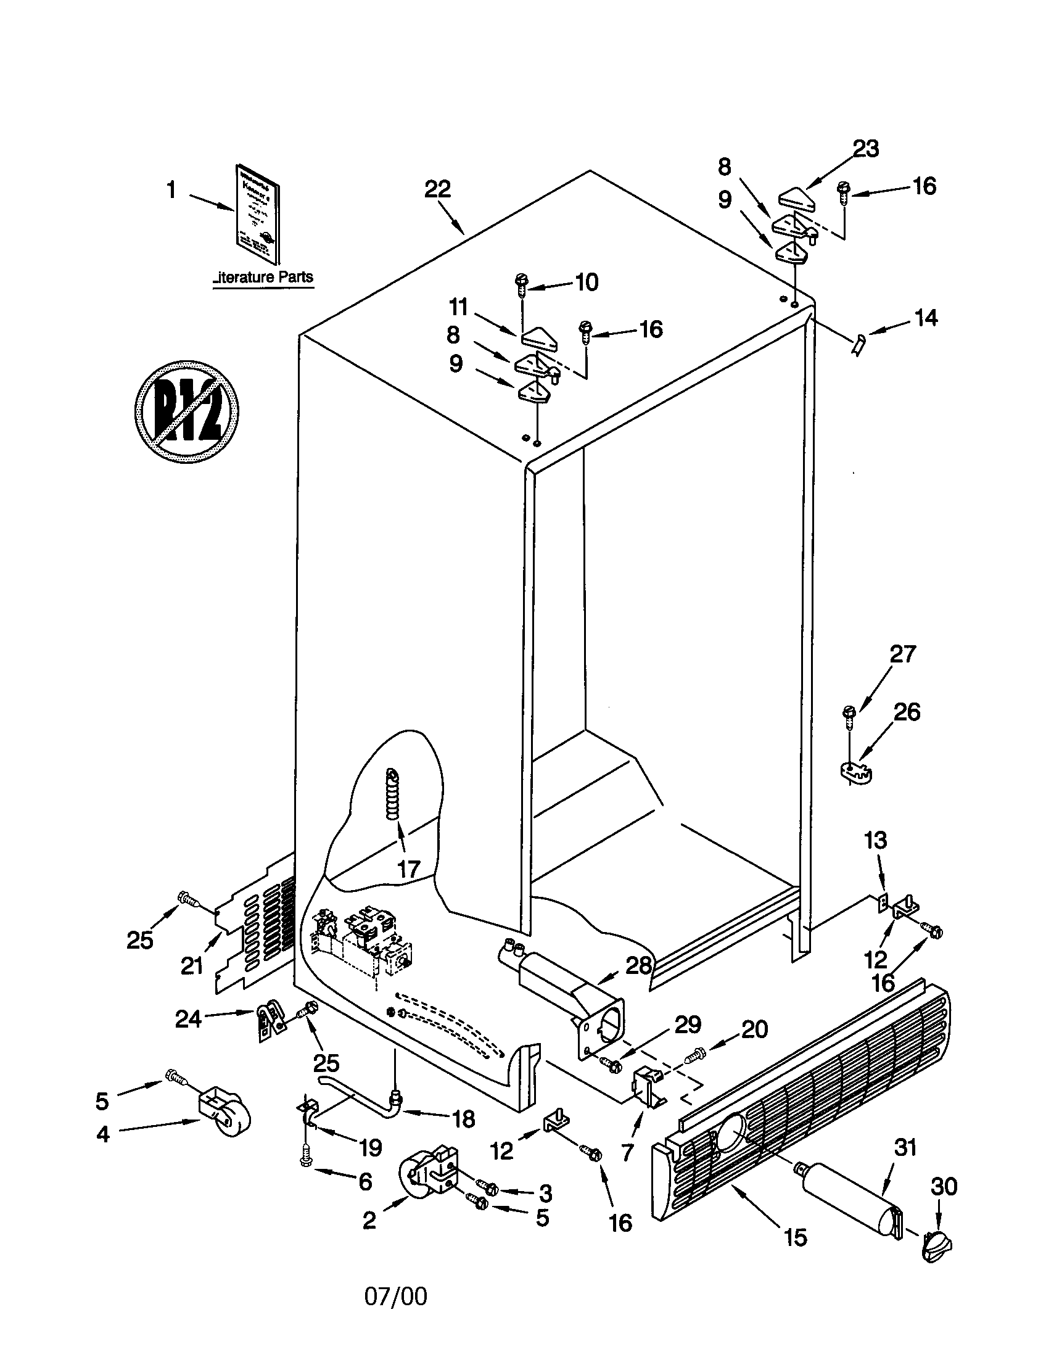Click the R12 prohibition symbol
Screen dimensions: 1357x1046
[186, 411]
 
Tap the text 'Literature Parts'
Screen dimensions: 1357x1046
[263, 278]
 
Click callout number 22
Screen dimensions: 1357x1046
[437, 189]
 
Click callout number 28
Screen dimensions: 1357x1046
[639, 965]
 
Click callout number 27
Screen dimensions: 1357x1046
[902, 654]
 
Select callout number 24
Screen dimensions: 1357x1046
[188, 1018]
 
